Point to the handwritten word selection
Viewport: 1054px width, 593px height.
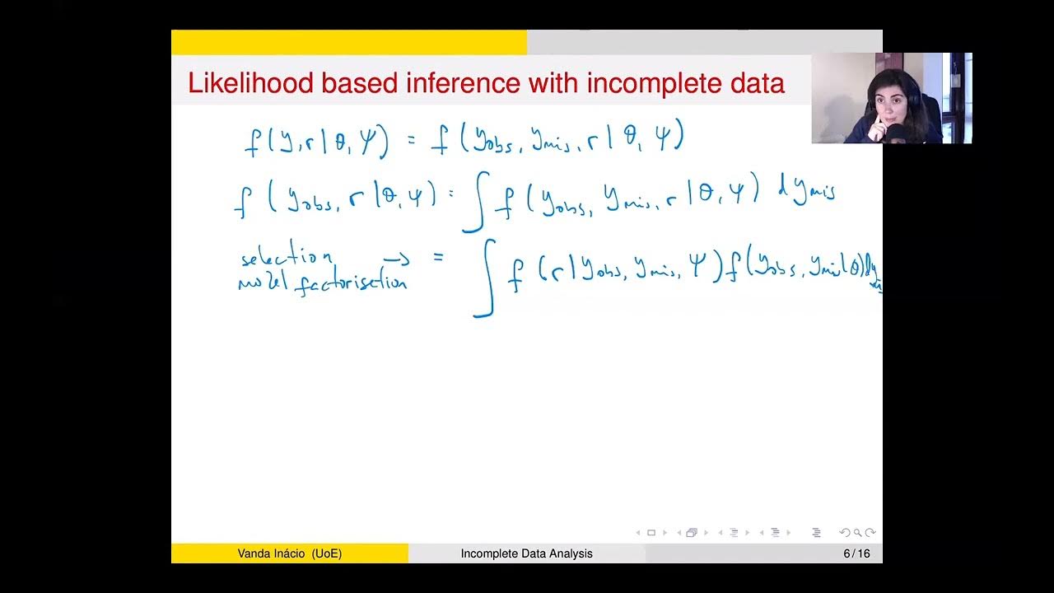[x=287, y=259]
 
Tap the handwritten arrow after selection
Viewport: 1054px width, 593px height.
[x=396, y=259]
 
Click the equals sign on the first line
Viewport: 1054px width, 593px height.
[x=412, y=142]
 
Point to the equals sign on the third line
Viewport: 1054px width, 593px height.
[x=438, y=258]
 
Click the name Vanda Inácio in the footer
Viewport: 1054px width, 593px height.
[x=272, y=553]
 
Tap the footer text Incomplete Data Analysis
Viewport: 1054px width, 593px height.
[x=526, y=553]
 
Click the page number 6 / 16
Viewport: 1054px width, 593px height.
[x=856, y=553]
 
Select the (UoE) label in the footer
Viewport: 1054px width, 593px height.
[x=327, y=553]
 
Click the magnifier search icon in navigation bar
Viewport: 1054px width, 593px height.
[x=857, y=533]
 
